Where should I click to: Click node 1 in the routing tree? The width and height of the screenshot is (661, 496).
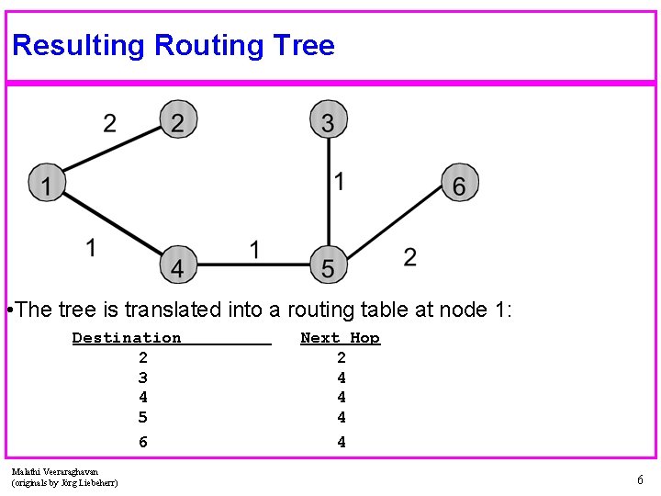click(x=46, y=183)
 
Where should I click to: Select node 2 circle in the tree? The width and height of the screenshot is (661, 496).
click(x=178, y=120)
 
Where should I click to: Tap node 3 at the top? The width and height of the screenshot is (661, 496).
click(x=329, y=120)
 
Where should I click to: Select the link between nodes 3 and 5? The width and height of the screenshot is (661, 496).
click(x=329, y=193)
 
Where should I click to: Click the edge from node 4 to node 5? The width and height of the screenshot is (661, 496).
click(x=252, y=265)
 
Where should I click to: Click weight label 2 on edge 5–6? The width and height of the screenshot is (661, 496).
click(x=409, y=256)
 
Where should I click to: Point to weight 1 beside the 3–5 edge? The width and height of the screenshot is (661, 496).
click(x=340, y=181)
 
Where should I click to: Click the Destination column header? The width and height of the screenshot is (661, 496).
click(x=127, y=338)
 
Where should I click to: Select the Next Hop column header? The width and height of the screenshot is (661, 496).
click(x=340, y=338)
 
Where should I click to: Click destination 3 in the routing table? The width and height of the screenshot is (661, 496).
click(x=142, y=378)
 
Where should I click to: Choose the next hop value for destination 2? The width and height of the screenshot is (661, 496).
click(x=342, y=357)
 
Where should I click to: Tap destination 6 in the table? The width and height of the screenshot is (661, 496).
click(x=142, y=442)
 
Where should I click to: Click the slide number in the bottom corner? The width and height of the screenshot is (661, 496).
click(x=640, y=479)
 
